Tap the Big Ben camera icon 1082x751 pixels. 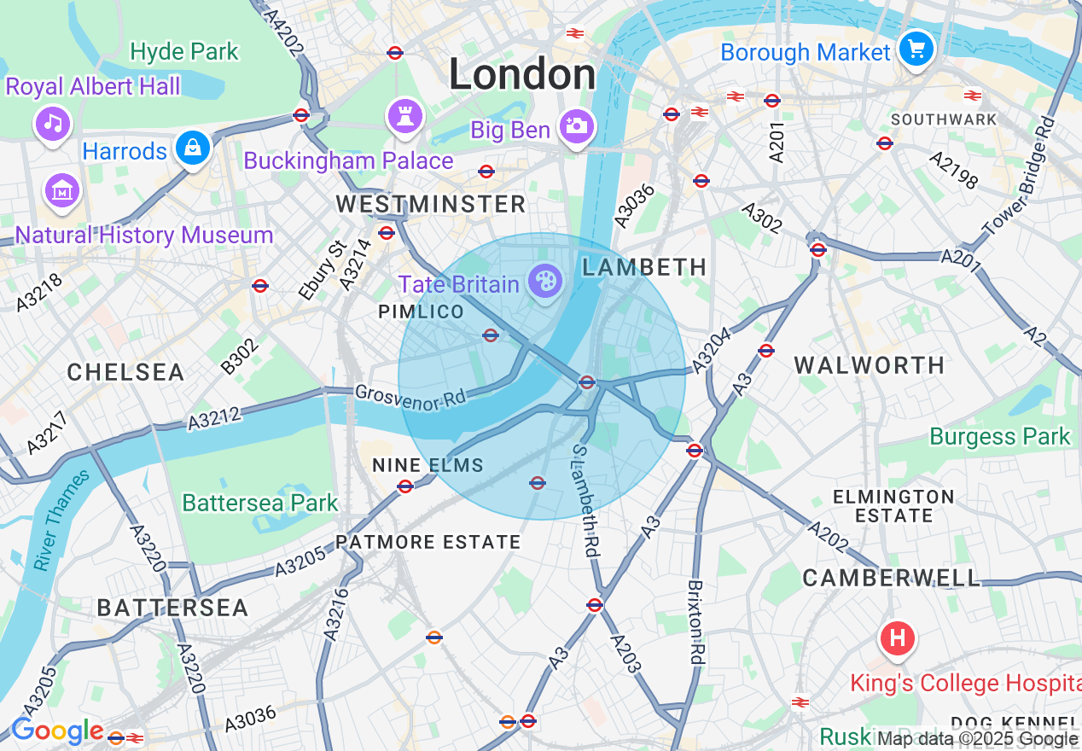tap(576, 127)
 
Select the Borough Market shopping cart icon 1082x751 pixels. tap(916, 49)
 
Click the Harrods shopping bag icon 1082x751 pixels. tap(193, 148)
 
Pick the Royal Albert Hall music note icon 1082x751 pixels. tap(53, 124)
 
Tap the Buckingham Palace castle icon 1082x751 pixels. tap(405, 116)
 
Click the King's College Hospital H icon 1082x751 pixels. tap(897, 637)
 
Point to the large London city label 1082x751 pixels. tap(522, 74)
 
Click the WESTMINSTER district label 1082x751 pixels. tap(431, 204)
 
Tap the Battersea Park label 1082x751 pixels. tap(260, 503)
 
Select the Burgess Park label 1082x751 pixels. tap(999, 436)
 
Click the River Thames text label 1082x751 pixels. tap(62, 520)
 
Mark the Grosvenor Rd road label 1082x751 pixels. tap(412, 397)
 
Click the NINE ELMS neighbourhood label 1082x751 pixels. tap(428, 465)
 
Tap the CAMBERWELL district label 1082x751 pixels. tap(892, 578)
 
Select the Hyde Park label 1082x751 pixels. tap(184, 51)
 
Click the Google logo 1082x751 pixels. tap(56, 731)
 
